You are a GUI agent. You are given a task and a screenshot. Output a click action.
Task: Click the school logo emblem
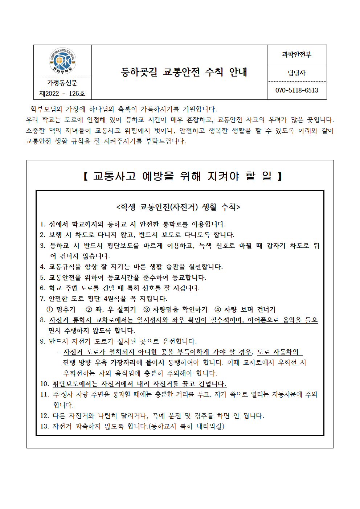[62, 61]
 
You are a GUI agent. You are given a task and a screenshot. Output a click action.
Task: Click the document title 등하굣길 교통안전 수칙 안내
[184, 72]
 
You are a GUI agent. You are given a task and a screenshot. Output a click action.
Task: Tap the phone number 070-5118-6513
[296, 90]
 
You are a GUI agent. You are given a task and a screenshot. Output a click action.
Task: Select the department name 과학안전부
[296, 55]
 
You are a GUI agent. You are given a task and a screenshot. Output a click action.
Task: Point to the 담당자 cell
[296, 73]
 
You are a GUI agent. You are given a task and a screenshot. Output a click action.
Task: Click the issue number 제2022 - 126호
[62, 94]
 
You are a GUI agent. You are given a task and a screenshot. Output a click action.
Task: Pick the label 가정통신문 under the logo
[62, 83]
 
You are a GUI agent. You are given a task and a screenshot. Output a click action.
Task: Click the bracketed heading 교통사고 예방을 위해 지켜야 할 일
[183, 176]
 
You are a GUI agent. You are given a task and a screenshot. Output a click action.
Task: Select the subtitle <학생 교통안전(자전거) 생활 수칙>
[178, 207]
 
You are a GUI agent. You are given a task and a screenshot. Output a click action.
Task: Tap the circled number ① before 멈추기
[50, 309]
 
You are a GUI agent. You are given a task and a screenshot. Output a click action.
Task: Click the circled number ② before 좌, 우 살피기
[89, 309]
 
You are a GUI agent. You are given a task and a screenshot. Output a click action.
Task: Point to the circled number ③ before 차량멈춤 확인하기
[147, 309]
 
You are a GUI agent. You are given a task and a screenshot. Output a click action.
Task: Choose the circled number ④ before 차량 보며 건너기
[218, 309]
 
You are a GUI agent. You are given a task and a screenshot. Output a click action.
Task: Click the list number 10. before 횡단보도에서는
[44, 384]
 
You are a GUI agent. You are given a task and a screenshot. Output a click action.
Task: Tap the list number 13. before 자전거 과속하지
[44, 426]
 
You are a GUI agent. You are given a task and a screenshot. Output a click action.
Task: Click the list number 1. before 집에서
[42, 225]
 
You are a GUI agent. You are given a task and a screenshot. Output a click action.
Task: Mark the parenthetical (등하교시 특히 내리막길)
[187, 426]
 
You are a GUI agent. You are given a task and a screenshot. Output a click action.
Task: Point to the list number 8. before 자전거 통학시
[42, 320]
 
